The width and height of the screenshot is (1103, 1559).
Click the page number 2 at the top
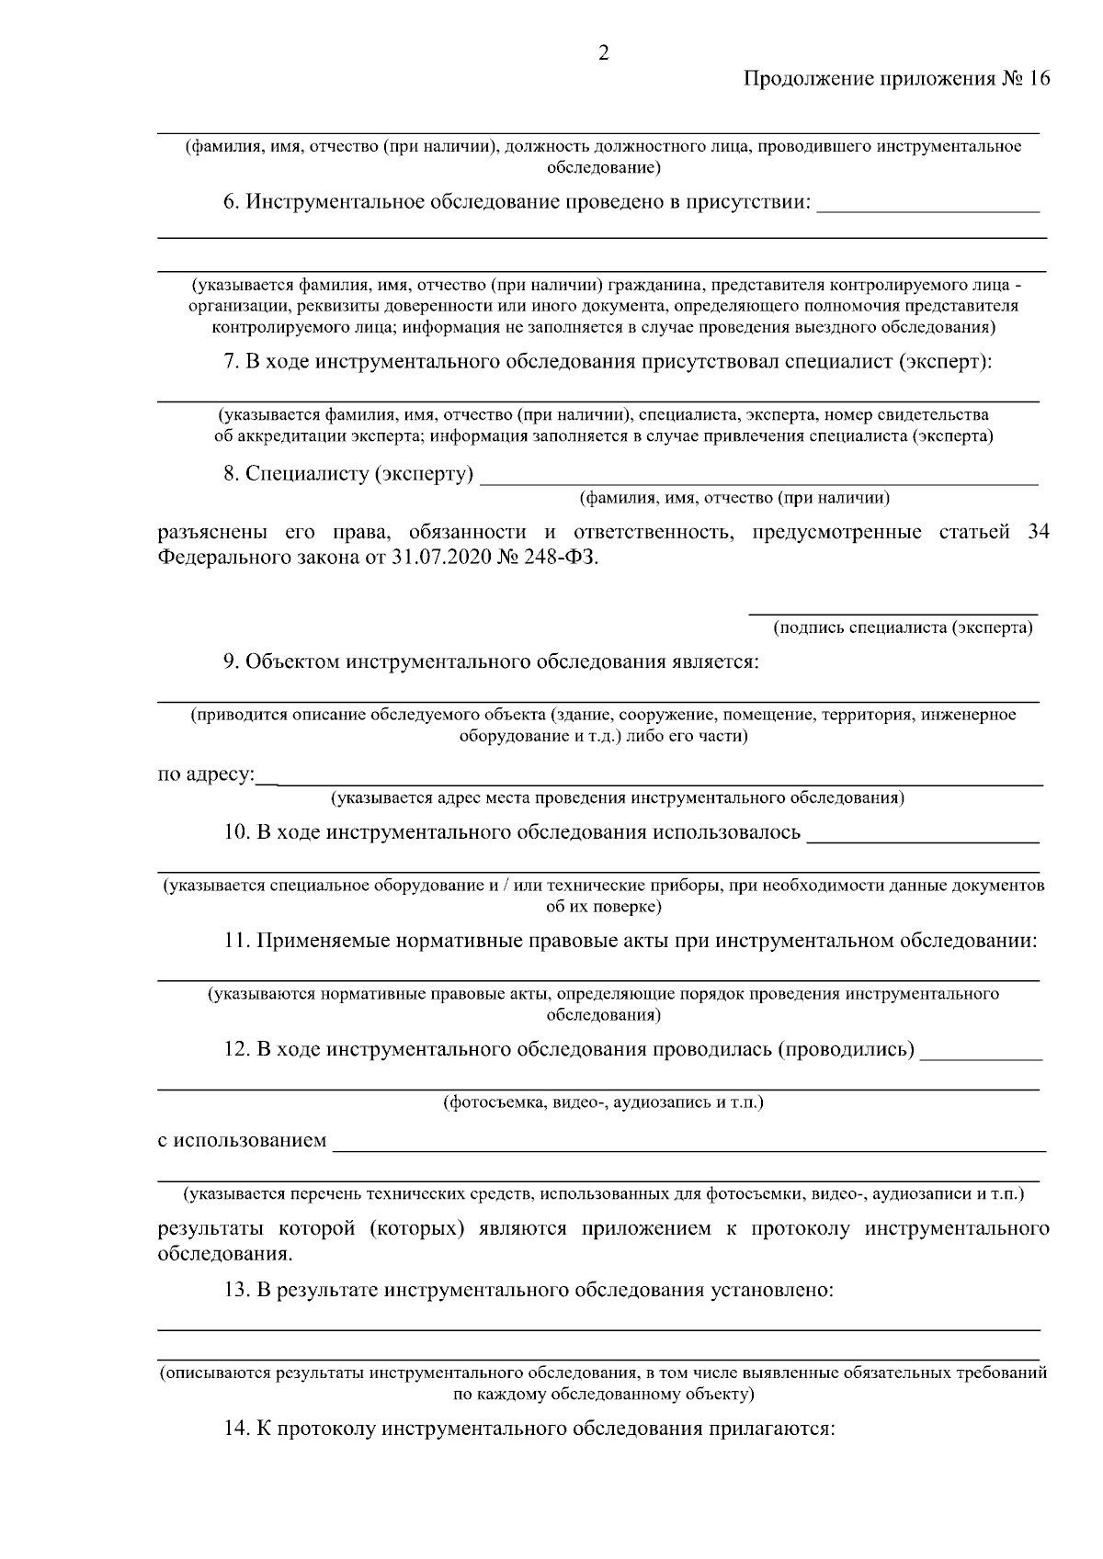604,52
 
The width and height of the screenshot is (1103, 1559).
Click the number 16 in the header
1038,79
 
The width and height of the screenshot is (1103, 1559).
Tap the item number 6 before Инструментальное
231,201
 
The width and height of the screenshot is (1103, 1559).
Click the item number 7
232,361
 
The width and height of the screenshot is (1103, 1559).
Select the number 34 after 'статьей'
1037,532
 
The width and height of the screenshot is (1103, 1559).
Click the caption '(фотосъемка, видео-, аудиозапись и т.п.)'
603,1101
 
